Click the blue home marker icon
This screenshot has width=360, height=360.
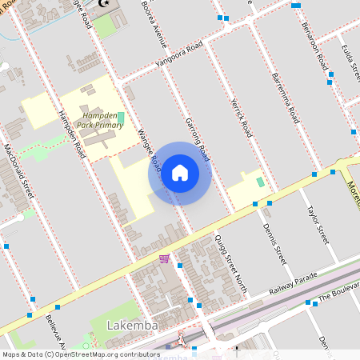click(x=180, y=173)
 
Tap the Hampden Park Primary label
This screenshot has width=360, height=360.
click(x=103, y=120)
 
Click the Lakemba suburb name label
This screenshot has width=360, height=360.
click(x=131, y=326)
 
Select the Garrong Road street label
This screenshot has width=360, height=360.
click(x=197, y=135)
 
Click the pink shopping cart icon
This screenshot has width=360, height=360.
click(x=164, y=258)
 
